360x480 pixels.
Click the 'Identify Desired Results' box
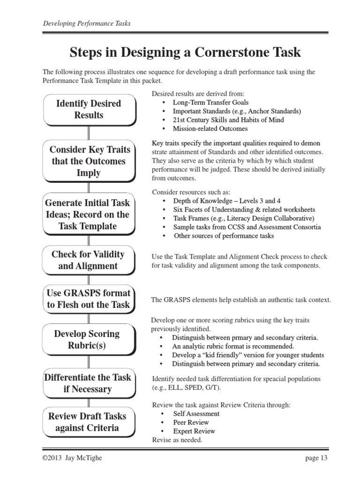[89, 109]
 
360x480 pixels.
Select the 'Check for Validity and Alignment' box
[88, 260]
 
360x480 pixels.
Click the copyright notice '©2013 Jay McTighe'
[72, 458]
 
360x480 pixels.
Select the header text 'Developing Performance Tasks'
[87, 23]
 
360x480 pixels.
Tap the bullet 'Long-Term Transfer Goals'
[210, 102]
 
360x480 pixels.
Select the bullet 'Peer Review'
[191, 422]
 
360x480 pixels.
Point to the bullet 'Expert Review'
[194, 431]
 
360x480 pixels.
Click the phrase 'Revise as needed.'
[177, 440]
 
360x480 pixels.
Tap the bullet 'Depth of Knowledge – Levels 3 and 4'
[224, 201]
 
